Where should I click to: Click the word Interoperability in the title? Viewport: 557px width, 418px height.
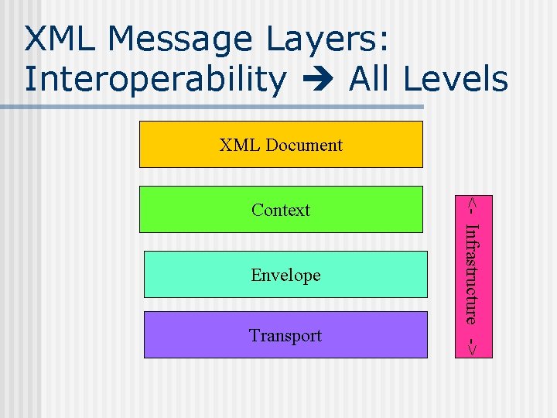coord(155,80)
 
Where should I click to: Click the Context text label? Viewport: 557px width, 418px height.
coord(281,210)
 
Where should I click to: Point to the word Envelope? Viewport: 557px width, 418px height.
coord(285,275)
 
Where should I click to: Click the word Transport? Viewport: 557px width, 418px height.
coord(285,335)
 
